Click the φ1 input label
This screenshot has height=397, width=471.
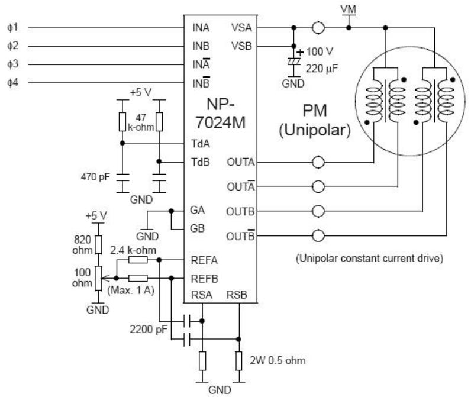pos(12,28)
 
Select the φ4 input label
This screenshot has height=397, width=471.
pos(12,82)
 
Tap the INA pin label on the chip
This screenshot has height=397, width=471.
pos(201,28)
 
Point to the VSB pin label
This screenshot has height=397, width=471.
pos(241,46)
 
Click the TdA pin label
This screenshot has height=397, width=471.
pos(201,144)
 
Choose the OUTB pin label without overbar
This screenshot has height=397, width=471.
pos(240,212)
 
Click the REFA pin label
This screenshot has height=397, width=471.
pos(204,260)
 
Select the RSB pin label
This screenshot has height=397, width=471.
pos(237,295)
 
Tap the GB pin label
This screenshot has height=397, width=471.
pos(197,228)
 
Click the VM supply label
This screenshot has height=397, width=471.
pos(349,9)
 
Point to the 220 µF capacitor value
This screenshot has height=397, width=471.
pos(322,69)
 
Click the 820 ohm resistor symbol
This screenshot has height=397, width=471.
pos(98,245)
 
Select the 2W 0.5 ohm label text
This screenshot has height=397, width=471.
pos(278,360)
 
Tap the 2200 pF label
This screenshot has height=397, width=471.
pos(149,330)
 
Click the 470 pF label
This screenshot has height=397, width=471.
pos(95,176)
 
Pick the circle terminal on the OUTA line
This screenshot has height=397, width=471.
pos(318,163)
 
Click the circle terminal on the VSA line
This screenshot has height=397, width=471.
pos(318,28)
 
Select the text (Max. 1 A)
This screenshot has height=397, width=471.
pos(131,291)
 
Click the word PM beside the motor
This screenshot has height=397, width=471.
pos(315,111)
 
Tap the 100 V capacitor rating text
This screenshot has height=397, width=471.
pos(320,51)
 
